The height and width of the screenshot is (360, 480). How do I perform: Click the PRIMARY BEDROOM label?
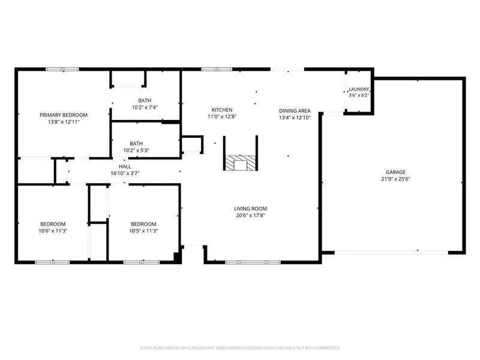pos(64,115)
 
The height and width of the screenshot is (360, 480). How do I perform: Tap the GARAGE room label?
pos(395,172)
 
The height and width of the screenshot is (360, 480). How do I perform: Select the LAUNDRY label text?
pos(359,89)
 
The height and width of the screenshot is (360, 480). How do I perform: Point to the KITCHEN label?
pos(222,110)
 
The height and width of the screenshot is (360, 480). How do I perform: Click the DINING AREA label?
pos(295,111)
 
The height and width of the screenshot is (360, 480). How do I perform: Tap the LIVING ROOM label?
pos(250,209)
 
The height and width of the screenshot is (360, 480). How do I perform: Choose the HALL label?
pos(125,167)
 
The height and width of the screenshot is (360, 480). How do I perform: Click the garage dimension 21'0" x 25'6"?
pos(395,179)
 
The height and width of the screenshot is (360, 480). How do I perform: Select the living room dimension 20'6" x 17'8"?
pos(250,215)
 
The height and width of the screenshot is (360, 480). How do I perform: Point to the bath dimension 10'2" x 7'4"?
pos(145,107)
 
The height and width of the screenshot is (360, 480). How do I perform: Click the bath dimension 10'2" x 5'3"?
pos(136,151)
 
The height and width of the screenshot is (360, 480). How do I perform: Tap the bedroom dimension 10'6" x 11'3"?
pos(53,231)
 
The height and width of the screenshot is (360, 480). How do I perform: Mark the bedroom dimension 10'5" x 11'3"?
pos(143,231)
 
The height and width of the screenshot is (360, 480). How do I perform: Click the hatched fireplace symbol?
pos(241,163)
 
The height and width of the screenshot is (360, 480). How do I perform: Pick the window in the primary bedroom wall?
pos(62,70)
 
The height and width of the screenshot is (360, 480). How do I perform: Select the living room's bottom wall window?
pos(253,262)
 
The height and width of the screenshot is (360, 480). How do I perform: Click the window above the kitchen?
pos(217,70)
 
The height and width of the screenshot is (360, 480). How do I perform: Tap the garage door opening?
pos(392,253)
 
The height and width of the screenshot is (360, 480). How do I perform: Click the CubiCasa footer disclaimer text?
pos(240,348)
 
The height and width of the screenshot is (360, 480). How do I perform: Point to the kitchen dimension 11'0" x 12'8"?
pos(222,116)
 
